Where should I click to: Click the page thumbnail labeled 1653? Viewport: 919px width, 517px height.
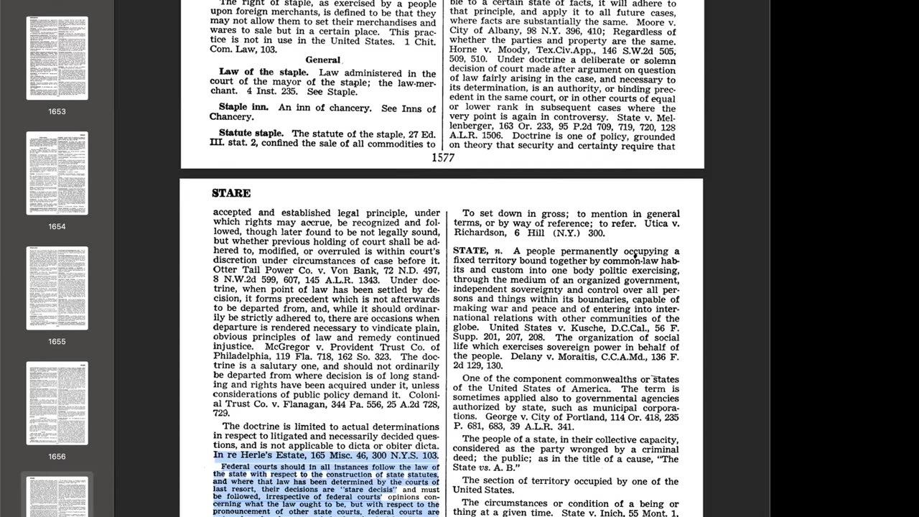[57, 58]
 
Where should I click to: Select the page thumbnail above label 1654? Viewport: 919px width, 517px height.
[57, 173]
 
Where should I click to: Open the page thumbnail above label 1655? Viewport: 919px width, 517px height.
[57, 288]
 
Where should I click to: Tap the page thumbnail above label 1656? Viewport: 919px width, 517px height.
[57, 403]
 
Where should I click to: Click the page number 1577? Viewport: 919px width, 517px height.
[443, 157]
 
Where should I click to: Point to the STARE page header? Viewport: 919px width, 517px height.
[231, 193]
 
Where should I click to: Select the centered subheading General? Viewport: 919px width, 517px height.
[322, 60]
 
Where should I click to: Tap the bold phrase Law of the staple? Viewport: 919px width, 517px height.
[263, 73]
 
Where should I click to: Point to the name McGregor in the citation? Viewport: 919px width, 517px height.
[287, 347]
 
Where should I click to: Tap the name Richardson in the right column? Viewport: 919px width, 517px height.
[485, 233]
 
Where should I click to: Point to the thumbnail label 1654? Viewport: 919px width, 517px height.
[57, 226]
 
